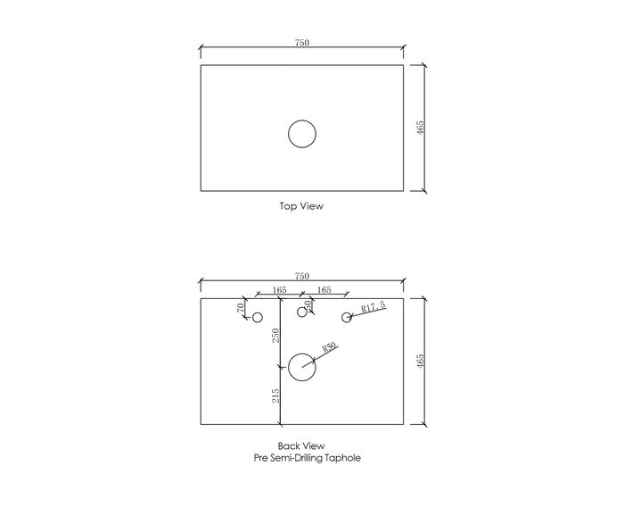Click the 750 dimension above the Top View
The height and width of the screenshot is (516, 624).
302,42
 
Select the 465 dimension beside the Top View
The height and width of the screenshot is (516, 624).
421,128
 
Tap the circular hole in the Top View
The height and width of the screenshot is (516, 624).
302,134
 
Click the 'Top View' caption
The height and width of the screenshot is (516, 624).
301,206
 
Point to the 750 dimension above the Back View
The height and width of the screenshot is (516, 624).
302,276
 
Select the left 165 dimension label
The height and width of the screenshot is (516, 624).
279,289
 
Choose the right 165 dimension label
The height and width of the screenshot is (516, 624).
324,289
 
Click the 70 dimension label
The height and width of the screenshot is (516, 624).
241,308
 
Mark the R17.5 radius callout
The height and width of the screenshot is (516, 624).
374,306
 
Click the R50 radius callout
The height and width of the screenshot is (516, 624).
329,347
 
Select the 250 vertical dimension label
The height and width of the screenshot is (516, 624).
275,336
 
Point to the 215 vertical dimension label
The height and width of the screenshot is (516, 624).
275,395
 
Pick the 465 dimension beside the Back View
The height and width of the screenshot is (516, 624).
421,361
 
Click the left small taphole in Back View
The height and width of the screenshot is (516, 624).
258,317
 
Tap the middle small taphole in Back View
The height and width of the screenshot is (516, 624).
302,312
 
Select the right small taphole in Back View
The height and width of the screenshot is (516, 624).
347,317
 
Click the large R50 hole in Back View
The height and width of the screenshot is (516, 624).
302,367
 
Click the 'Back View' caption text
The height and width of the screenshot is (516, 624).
301,445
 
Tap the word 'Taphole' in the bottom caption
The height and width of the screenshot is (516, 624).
342,458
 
